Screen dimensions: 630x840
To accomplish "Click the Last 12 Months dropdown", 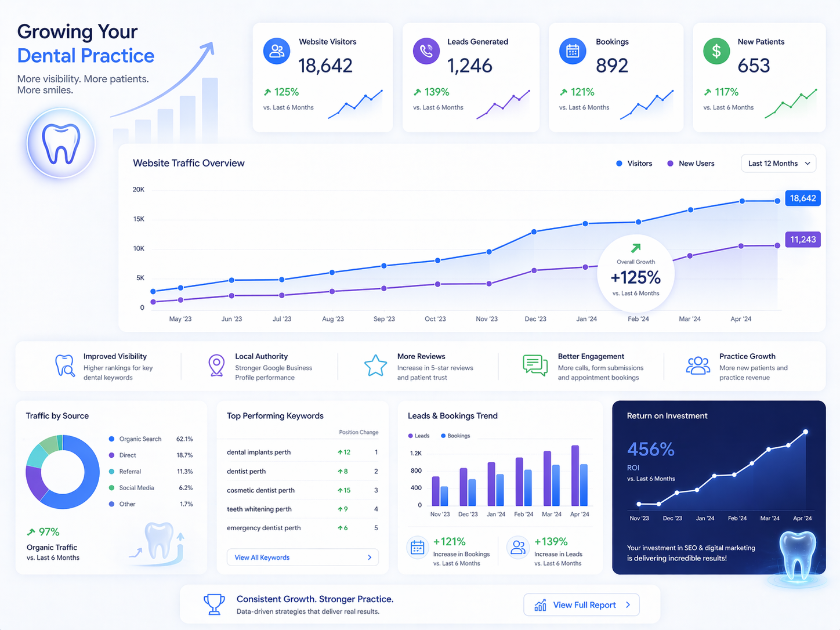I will point(778,164).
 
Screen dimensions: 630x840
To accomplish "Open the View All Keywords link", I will point(302,557).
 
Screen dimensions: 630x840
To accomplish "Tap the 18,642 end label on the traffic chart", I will point(802,198).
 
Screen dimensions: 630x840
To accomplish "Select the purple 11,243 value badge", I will point(802,240).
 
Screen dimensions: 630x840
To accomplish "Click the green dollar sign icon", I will point(716,52).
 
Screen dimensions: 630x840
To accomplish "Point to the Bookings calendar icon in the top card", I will point(573,52).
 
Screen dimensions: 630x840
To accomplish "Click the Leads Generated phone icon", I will point(426,52).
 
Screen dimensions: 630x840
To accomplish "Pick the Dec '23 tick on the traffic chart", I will point(535,319).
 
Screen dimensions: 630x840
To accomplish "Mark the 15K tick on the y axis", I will point(139,219).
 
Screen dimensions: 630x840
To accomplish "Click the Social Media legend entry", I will point(136,488).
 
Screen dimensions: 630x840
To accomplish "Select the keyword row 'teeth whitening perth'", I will point(259,509).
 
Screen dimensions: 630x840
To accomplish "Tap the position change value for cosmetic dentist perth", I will point(345,490).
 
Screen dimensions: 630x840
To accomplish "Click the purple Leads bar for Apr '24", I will point(575,476).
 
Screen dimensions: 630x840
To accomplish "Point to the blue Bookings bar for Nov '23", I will point(444,496).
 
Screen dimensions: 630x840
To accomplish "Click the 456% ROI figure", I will point(650,450).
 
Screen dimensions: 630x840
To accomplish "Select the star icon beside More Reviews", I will point(375,366).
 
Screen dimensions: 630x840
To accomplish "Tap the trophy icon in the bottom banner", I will point(214,604).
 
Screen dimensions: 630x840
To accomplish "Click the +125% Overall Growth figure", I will point(636,277).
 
